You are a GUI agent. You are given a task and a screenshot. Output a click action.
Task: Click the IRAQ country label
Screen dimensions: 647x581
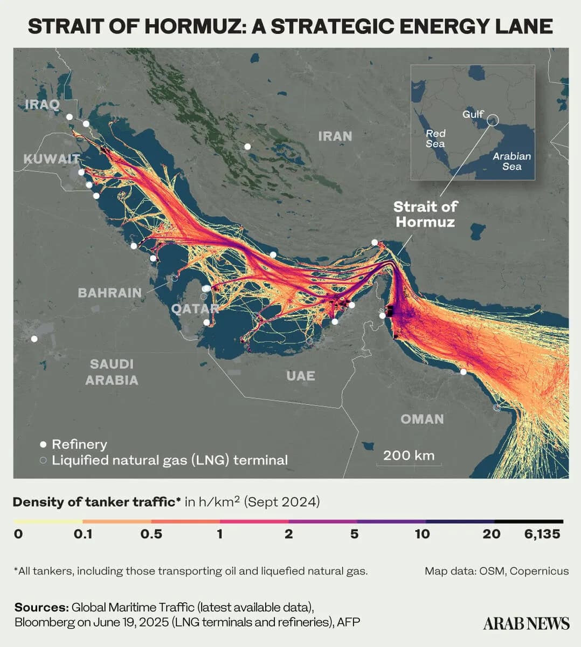coord(42,104)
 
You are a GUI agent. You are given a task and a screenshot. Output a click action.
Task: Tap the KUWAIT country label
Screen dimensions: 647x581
coord(51,159)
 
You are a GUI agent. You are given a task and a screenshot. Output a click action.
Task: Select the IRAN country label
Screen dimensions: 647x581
coord(335,136)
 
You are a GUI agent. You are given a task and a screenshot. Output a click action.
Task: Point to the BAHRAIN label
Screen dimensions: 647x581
coord(109,293)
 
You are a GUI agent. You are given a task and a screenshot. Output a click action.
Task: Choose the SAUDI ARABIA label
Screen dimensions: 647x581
coord(112,372)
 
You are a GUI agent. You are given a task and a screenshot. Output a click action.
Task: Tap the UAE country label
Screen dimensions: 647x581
coord(300,376)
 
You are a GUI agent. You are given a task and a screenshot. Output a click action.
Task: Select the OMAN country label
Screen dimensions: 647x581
coord(422,419)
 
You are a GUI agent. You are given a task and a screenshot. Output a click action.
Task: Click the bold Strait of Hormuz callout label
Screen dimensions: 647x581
coord(425,214)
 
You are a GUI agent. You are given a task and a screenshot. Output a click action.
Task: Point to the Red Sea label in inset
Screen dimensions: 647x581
coord(435,139)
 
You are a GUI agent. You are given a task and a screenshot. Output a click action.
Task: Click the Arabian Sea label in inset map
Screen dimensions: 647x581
coord(511,161)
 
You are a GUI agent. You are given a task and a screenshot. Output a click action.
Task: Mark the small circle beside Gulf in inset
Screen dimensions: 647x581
coord(492,120)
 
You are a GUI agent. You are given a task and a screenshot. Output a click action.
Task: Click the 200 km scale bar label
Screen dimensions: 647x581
coord(409,455)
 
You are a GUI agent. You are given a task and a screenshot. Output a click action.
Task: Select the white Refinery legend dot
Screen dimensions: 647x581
coord(43,445)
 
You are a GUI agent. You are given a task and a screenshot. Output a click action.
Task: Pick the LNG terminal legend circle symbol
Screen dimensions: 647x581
coord(43,460)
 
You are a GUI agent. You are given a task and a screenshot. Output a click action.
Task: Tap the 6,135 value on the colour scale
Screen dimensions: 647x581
coord(542,534)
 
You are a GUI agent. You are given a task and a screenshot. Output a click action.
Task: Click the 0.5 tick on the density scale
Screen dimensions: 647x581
coord(151,534)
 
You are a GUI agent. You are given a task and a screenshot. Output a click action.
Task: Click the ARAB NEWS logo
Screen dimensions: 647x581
coord(526,623)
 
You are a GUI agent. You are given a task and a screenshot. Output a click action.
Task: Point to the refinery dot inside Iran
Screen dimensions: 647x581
coord(247,146)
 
